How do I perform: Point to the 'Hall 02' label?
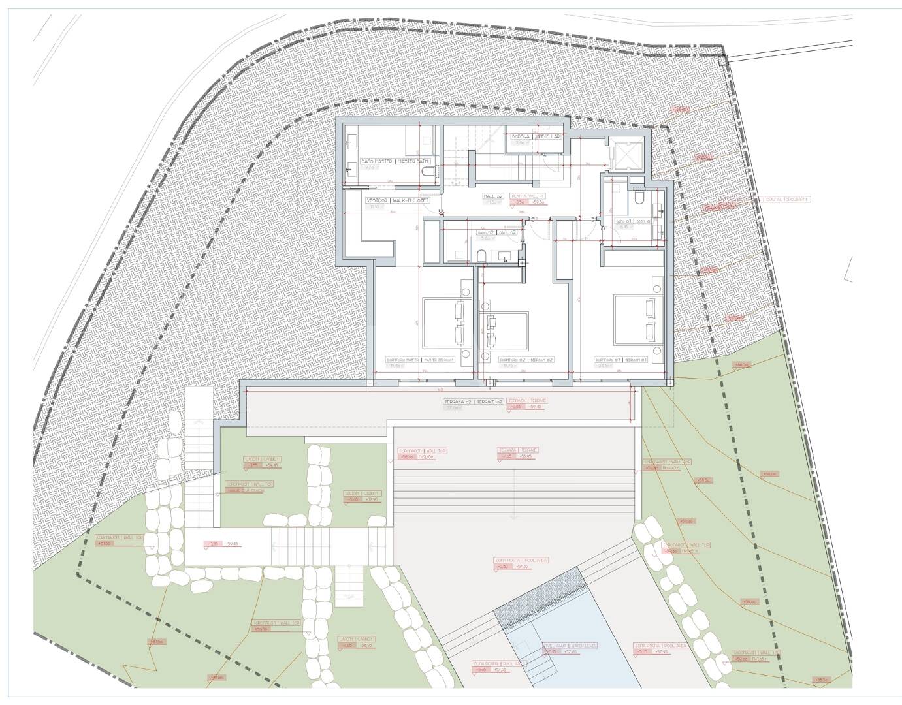coord(493,196)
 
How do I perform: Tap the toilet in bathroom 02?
coord(481,255)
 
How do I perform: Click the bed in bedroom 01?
coord(637,318)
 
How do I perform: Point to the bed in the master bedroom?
coord(444,322)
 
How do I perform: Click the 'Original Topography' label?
coord(787,199)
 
